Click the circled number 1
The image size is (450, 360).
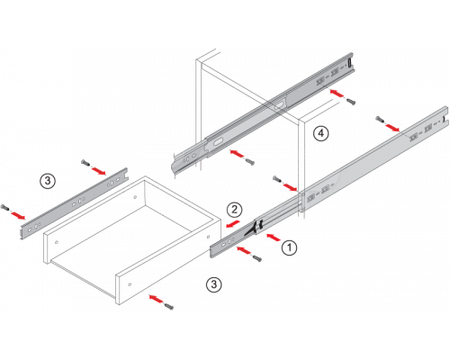click(290, 247)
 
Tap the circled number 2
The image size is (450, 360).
click(234, 210)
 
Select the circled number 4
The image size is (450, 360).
click(321, 133)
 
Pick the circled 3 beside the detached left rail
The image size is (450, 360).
click(48, 181)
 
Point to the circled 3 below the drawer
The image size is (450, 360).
click(214, 284)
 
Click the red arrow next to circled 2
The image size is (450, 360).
click(233, 224)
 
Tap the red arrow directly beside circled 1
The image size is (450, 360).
click(274, 238)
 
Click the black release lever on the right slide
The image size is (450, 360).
click(254, 228)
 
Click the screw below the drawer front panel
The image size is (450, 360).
click(168, 306)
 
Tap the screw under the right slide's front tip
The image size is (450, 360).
click(256, 257)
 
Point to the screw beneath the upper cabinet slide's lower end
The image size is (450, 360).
click(249, 161)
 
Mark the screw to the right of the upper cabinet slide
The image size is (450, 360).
click(350, 101)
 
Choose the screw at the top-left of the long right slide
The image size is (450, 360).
click(380, 120)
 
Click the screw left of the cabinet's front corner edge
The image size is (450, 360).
click(277, 179)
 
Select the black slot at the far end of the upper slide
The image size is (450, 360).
click(349, 63)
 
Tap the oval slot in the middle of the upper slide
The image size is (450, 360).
click(280, 104)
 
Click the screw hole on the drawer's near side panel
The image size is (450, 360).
click(130, 284)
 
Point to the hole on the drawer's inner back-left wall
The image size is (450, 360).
click(135, 197)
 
